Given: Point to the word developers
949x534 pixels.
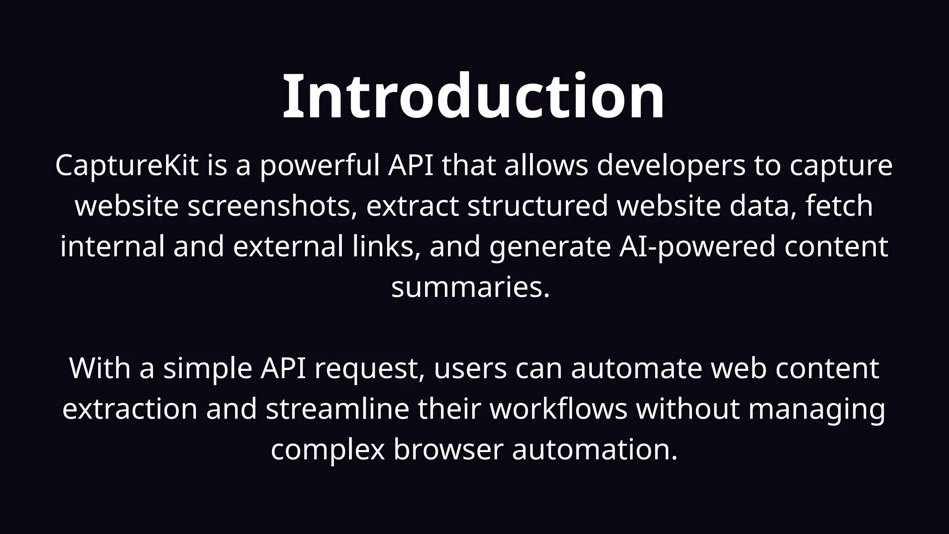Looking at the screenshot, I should [x=671, y=165].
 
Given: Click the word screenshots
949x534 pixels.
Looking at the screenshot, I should [x=272, y=206].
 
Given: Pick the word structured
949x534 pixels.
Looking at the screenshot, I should [x=538, y=206].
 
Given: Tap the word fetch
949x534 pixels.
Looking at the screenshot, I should [x=839, y=206].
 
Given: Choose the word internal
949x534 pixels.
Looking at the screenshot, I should [x=112, y=246].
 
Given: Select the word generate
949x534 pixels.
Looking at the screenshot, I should [x=550, y=247].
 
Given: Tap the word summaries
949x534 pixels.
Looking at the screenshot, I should [x=470, y=287].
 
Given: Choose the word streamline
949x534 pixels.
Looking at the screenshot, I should [x=338, y=409].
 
